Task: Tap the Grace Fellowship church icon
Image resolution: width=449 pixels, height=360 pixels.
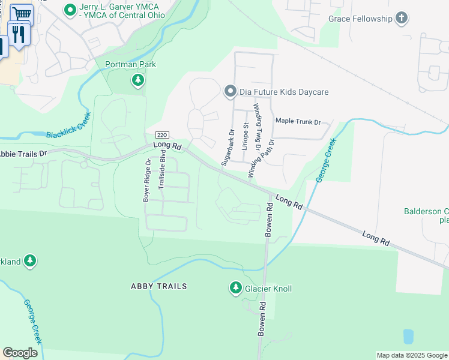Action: (x=402, y=19)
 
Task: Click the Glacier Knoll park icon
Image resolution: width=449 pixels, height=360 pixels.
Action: (x=235, y=289)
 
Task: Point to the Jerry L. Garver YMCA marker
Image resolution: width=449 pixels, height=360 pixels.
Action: (x=70, y=9)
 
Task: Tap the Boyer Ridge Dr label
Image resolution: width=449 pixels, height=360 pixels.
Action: (x=146, y=179)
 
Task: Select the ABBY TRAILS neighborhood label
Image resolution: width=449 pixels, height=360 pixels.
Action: (x=159, y=287)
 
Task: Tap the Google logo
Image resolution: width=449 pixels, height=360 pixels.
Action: (x=20, y=353)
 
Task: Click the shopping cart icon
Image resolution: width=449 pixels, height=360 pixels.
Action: (x=22, y=13)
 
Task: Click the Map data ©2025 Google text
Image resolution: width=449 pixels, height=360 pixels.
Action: (x=411, y=355)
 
